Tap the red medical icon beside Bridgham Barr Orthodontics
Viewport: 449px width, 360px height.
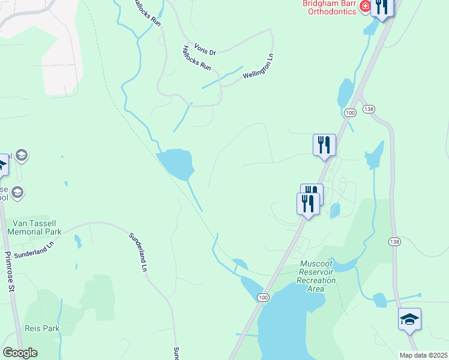click(365, 7)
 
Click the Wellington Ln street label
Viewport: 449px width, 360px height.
click(258, 67)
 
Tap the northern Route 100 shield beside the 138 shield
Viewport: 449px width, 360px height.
click(351, 112)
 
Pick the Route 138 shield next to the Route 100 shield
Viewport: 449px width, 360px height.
click(369, 109)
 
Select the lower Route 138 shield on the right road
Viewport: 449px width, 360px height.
click(394, 241)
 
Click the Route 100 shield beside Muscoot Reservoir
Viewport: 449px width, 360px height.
click(262, 297)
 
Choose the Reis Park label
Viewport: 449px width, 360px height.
click(43, 328)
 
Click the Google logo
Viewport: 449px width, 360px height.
click(20, 353)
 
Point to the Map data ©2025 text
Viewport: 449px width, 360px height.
click(423, 355)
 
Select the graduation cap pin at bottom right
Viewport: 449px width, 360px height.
click(409, 320)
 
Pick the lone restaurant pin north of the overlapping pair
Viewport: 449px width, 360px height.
click(324, 145)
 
